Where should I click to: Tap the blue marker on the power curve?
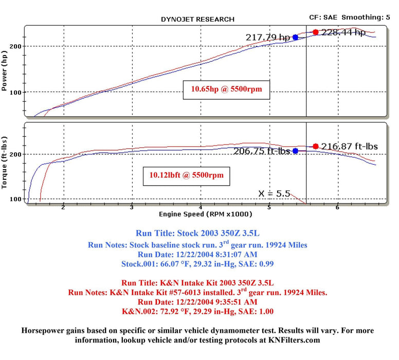pos(295,37)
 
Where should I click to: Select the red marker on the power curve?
pos(315,32)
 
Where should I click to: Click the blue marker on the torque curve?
pos(295,151)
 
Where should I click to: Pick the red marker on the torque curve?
pos(315,147)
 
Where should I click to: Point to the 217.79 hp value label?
pos(268,37)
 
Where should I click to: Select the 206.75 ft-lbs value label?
pos(263,151)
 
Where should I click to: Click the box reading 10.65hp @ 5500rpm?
pos(227,89)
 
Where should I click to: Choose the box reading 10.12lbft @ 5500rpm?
pos(187,175)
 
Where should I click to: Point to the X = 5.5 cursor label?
pos(275,194)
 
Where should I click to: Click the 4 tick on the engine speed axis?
pos(201,207)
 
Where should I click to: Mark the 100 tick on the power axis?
pos(17,93)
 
